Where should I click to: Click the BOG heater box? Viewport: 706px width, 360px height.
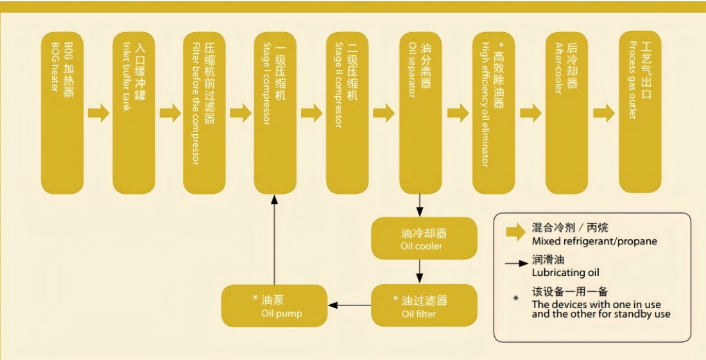click(x=62, y=112)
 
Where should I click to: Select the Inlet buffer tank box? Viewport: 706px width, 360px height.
click(x=133, y=112)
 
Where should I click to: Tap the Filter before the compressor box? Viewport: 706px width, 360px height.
click(x=205, y=112)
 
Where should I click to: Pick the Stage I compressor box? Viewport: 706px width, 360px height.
click(x=274, y=112)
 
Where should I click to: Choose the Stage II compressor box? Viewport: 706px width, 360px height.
click(x=347, y=112)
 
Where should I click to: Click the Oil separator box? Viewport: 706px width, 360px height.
click(x=420, y=112)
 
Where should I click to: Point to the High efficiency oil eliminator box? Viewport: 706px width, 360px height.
click(x=493, y=112)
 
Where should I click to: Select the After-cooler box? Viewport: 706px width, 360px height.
click(x=566, y=112)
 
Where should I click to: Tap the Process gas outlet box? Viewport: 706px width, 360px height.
click(x=639, y=112)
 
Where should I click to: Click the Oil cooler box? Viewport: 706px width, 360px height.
click(x=424, y=238)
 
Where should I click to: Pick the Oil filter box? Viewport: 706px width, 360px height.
click(x=424, y=305)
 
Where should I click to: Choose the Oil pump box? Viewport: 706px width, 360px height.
click(x=274, y=305)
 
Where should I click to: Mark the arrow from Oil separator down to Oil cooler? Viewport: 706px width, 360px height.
click(x=420, y=205)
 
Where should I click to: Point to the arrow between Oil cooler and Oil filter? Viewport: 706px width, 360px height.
click(x=420, y=271)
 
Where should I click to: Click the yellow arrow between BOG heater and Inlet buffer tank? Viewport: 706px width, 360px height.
click(x=98, y=114)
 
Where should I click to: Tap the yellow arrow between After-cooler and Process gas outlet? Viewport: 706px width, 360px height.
click(x=603, y=114)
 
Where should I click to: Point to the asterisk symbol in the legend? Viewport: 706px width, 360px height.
click(x=515, y=298)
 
